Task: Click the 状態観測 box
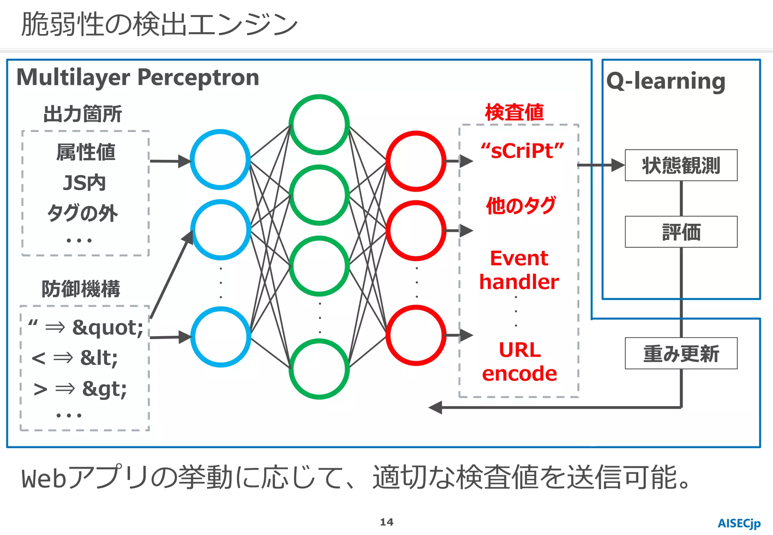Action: [681, 165]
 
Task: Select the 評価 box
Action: [681, 232]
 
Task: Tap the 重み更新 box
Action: [681, 354]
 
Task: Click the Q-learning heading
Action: [665, 81]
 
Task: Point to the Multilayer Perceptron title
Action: [138, 77]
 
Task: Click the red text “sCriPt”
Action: [522, 151]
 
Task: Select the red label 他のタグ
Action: [520, 206]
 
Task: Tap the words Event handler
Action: [519, 270]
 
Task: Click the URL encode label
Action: [519, 361]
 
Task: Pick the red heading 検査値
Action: [514, 112]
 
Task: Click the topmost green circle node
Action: [319, 125]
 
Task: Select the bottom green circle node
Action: [319, 369]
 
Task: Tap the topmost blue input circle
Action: [220, 160]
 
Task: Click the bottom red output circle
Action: [416, 335]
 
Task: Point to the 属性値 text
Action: [86, 152]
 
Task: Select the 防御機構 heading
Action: [81, 289]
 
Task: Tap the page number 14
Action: [386, 522]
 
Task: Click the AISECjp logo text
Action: [739, 523]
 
